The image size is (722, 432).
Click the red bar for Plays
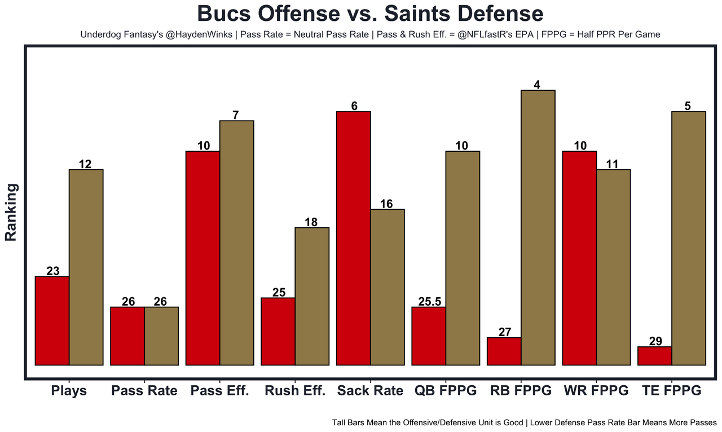(x=52, y=321)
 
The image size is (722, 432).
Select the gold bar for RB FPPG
(x=538, y=228)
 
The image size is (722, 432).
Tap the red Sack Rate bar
(x=353, y=239)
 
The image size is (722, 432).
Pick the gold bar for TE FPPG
(x=689, y=239)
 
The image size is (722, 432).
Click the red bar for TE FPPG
(x=655, y=356)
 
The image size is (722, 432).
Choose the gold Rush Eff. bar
(x=312, y=297)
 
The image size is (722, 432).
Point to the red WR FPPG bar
(x=579, y=258)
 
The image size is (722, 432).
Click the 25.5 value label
(x=429, y=301)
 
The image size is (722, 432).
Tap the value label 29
(x=655, y=341)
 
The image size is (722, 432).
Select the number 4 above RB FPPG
(x=538, y=85)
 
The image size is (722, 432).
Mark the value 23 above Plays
(x=52, y=271)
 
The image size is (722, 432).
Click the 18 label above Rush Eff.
(x=311, y=222)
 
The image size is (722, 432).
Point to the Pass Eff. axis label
(x=220, y=391)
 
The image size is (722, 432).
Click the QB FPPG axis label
(x=446, y=391)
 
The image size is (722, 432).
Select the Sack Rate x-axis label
(x=371, y=391)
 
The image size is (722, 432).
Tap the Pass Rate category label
(x=144, y=391)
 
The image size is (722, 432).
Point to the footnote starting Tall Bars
(x=524, y=422)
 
